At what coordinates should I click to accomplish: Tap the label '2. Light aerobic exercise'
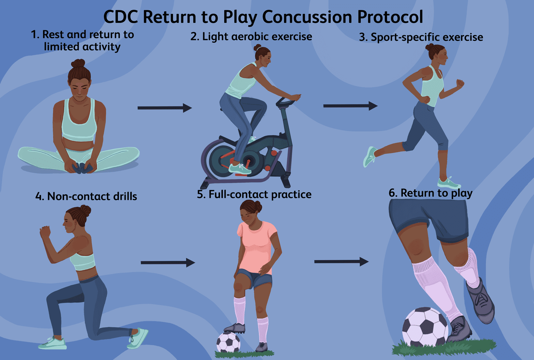(251, 37)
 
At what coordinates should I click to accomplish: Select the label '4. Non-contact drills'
(86, 196)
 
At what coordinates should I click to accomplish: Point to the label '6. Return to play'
(430, 193)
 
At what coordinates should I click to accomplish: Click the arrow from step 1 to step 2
(164, 108)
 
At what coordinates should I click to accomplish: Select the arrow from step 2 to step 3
(350, 106)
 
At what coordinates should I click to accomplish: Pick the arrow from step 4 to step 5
(168, 263)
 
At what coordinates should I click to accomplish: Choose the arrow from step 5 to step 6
(341, 262)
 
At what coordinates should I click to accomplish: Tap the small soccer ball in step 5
(228, 343)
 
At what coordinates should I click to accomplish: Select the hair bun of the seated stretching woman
(78, 63)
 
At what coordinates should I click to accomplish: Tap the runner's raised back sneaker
(370, 157)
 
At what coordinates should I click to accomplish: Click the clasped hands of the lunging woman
(45, 232)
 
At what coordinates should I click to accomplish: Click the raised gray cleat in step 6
(481, 300)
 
